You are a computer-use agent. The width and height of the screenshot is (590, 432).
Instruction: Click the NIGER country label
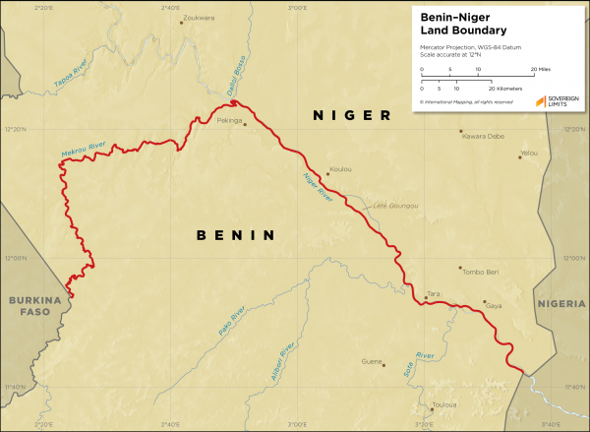tap(352, 116)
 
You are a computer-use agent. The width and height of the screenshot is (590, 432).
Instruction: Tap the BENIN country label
tap(234, 235)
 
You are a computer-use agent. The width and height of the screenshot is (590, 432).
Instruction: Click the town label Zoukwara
tap(200, 18)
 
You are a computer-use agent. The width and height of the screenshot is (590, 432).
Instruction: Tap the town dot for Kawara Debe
tap(459, 129)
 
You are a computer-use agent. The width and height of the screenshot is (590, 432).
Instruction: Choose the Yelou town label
tap(530, 154)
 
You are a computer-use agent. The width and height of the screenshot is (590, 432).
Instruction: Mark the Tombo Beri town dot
tap(459, 267)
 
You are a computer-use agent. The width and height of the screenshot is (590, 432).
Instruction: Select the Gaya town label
tap(494, 307)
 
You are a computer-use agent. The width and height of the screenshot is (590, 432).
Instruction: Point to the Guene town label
tap(372, 361)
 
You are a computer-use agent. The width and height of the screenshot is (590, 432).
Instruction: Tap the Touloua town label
tap(444, 404)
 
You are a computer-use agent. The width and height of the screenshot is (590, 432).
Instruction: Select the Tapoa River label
tap(71, 75)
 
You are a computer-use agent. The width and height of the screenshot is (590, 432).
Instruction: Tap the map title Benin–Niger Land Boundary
tap(462, 24)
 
